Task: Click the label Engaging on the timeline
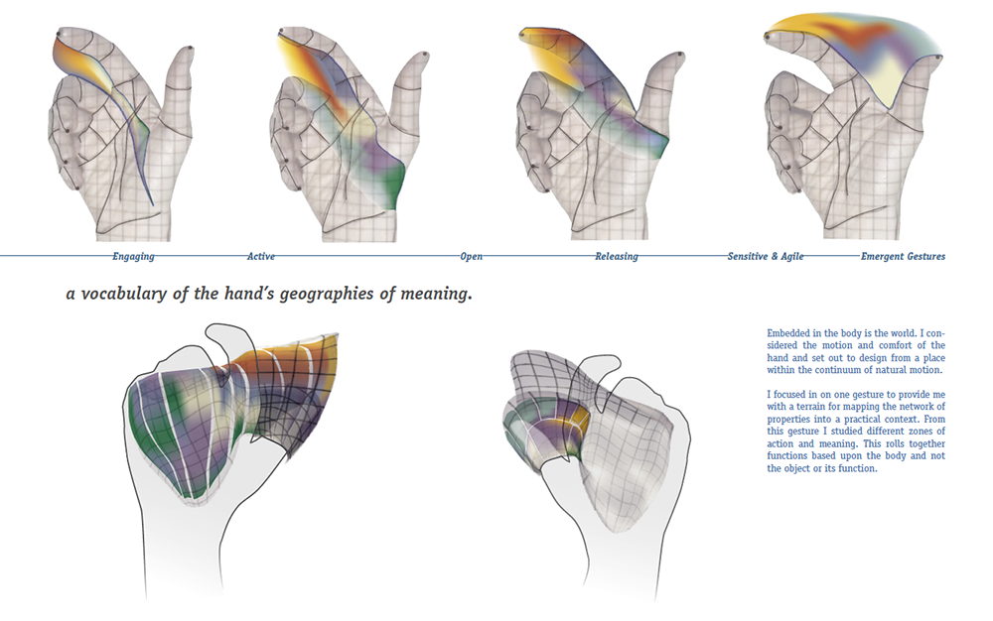click(133, 256)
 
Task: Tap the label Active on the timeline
click(261, 256)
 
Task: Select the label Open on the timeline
click(471, 256)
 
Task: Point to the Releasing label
click(617, 256)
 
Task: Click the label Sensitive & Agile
click(765, 256)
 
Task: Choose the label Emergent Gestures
click(903, 256)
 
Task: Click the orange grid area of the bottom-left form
click(280, 360)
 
